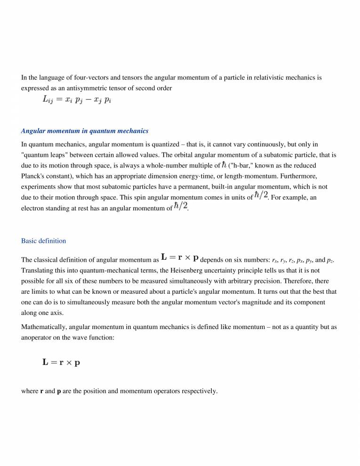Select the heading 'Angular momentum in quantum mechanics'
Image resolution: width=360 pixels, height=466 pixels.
(x=85, y=131)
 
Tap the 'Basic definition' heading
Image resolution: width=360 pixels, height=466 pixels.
(x=43, y=241)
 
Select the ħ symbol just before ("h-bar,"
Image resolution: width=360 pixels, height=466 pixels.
(x=224, y=165)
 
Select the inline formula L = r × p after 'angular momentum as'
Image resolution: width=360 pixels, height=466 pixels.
(x=179, y=258)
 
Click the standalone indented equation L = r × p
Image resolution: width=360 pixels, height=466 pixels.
(x=61, y=362)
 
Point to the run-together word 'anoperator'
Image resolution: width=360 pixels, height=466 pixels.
(x=39, y=337)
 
